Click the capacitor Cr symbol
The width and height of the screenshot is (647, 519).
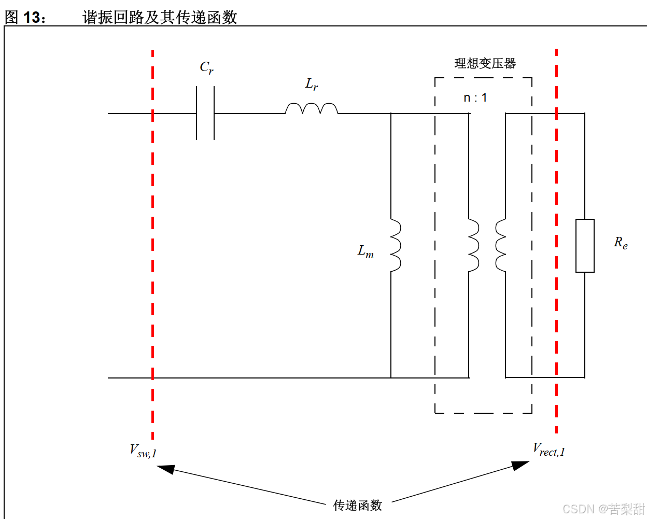tap(205, 113)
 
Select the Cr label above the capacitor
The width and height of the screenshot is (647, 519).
tap(206, 67)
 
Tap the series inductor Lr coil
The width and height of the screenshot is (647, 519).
tap(312, 108)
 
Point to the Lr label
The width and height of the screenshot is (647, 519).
tap(312, 84)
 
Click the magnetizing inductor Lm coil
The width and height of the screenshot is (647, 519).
tap(395, 245)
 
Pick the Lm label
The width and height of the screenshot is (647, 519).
tap(365, 252)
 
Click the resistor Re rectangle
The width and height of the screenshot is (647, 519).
tap(585, 246)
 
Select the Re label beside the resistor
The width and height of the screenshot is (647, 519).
tap(621, 243)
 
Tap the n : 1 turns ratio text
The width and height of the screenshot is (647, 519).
tap(475, 97)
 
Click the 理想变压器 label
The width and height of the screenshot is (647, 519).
tap(485, 63)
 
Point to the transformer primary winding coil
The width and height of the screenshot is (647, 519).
tap(473, 245)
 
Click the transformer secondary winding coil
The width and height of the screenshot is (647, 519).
tap(501, 245)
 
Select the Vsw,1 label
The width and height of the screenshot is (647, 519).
tap(143, 451)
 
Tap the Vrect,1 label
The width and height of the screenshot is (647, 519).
tap(548, 450)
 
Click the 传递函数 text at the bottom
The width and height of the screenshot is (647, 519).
tap(357, 505)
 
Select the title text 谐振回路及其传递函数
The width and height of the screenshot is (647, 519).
tap(160, 17)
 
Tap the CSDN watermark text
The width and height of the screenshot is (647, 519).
tap(603, 509)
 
